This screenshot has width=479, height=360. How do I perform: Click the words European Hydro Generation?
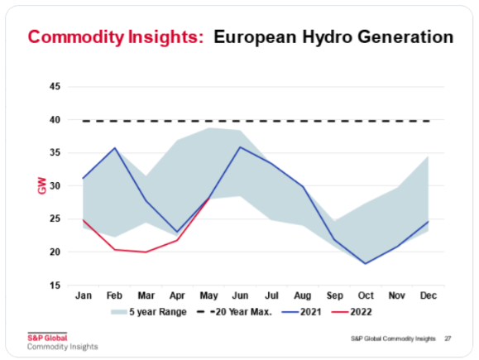333,37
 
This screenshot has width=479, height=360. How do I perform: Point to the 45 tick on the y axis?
55,87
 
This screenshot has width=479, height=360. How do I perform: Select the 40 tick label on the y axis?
55,120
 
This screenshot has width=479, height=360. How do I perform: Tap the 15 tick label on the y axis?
55,286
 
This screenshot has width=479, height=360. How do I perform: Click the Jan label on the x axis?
83,295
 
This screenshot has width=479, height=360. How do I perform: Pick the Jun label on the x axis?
240,295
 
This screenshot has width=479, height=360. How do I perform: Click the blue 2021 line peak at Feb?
114,148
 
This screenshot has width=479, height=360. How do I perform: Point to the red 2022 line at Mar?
146,252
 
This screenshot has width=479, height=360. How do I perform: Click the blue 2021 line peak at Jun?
240,147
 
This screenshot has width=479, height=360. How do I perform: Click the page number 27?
448,338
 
